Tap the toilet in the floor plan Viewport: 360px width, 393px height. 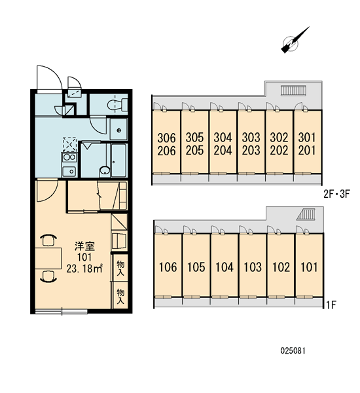click(x=117, y=105)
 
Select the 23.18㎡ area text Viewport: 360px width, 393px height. click(x=84, y=269)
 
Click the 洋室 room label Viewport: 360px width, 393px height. click(x=84, y=246)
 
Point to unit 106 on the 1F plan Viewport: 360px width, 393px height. click(x=168, y=267)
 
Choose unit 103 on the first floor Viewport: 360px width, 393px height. click(x=253, y=267)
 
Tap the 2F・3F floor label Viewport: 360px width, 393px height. click(x=336, y=194)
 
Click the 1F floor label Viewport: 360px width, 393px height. click(x=331, y=305)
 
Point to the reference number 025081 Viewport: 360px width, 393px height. click(x=293, y=350)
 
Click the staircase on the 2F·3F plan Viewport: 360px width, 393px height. click(x=293, y=90)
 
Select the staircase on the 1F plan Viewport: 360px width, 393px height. click(x=306, y=214)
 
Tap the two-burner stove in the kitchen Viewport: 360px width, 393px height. click(x=69, y=157)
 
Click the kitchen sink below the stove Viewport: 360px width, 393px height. click(x=69, y=172)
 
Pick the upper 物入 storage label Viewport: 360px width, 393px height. click(x=120, y=268)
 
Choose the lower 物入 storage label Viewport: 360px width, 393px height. click(x=120, y=296)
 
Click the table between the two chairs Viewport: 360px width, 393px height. click(x=48, y=258)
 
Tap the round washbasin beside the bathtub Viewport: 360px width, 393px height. click(x=105, y=170)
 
